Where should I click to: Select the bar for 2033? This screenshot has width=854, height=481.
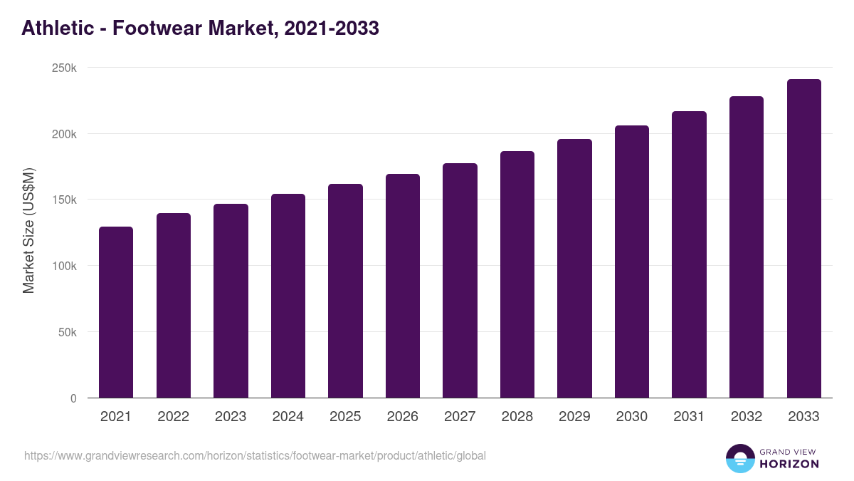(x=803, y=239)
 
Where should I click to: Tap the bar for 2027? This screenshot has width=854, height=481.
(x=460, y=281)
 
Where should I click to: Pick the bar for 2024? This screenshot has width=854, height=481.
(x=288, y=296)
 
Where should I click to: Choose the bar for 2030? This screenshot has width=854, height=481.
(x=632, y=262)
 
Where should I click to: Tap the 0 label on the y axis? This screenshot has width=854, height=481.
(x=73, y=398)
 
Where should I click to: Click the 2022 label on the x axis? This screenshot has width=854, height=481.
(x=173, y=417)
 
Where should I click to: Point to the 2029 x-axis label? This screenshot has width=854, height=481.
(x=574, y=417)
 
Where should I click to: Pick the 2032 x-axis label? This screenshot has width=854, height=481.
(x=747, y=417)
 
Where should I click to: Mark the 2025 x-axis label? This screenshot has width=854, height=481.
(x=345, y=417)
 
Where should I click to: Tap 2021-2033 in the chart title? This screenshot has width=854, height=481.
(x=332, y=29)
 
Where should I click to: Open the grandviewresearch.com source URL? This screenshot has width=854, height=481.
(x=255, y=455)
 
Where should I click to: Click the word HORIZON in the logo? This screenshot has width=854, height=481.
(x=789, y=464)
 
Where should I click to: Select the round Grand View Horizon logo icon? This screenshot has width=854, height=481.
(x=740, y=458)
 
